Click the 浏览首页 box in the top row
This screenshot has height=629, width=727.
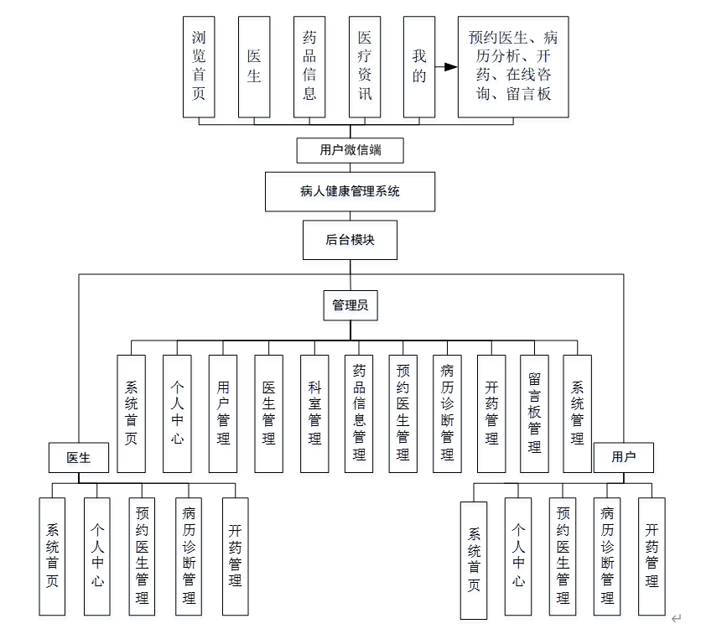click(x=199, y=66)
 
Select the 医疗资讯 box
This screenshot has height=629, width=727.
click(x=365, y=66)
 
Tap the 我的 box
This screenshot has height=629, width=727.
click(x=419, y=66)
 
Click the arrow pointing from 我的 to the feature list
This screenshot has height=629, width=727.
click(x=446, y=66)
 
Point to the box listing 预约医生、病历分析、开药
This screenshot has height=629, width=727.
click(x=512, y=66)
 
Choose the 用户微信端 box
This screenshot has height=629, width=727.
click(x=351, y=151)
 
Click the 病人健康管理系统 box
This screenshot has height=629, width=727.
click(x=350, y=191)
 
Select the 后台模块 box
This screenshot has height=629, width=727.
click(x=350, y=240)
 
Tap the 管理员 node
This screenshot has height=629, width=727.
click(x=350, y=306)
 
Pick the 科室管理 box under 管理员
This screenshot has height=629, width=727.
click(x=314, y=413)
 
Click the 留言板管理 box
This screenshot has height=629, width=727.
click(x=534, y=413)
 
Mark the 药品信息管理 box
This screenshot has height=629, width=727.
click(x=359, y=413)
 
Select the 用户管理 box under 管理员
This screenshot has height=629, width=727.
click(x=223, y=413)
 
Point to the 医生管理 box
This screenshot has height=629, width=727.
click(x=269, y=413)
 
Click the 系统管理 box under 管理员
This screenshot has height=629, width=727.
click(x=578, y=413)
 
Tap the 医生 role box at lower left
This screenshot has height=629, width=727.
click(x=78, y=457)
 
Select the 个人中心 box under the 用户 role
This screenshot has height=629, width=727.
click(x=519, y=555)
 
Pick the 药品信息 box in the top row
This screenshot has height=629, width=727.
click(x=309, y=66)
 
